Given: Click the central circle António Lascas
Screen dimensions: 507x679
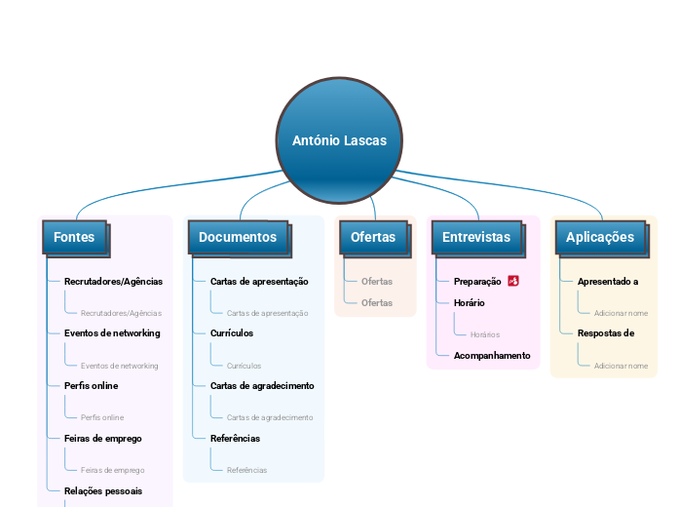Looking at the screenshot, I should (339, 140).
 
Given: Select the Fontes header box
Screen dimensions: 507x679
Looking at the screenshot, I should (74, 237).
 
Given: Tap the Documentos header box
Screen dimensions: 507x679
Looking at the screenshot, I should (238, 237).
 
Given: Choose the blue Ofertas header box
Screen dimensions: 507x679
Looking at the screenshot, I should (373, 237).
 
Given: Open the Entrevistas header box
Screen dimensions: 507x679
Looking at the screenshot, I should (476, 237).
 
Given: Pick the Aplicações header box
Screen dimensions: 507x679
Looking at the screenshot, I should (600, 237).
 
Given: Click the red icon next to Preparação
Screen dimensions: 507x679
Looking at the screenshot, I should (513, 281).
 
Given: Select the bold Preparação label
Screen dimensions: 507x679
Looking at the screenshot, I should (477, 282).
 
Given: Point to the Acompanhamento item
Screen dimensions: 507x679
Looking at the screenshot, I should (492, 356).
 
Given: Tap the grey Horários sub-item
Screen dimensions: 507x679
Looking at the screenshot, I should (485, 334).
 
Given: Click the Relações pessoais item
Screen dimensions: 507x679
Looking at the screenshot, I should (103, 491).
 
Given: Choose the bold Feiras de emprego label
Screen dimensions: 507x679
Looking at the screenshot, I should (103, 439).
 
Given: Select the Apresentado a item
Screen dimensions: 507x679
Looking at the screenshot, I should (608, 282).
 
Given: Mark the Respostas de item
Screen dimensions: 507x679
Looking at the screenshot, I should (606, 333).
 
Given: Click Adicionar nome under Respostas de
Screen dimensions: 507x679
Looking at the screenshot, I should (621, 366).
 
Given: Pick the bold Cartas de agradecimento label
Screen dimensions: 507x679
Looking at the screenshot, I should (262, 386).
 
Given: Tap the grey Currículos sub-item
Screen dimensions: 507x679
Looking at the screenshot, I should (244, 366).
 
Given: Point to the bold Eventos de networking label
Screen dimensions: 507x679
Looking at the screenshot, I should (112, 333).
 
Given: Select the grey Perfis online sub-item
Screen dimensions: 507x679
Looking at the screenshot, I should (102, 417).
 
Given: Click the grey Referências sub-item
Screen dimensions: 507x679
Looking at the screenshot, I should (246, 470).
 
